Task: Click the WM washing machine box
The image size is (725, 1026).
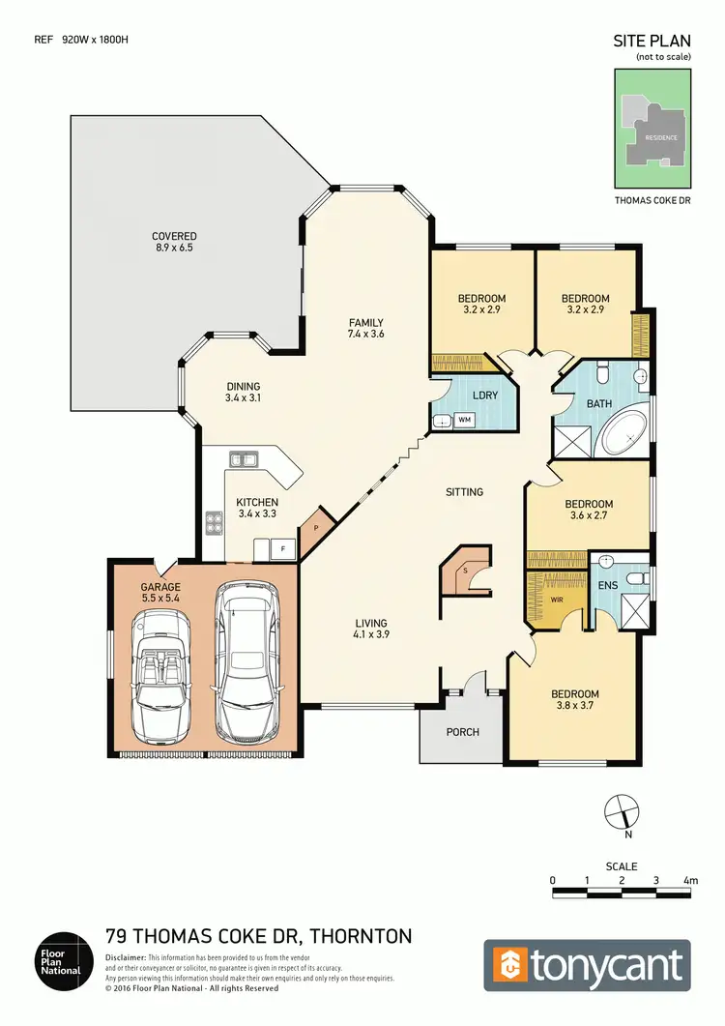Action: pyautogui.click(x=464, y=420)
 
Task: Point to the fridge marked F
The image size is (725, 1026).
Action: pyautogui.click(x=282, y=549)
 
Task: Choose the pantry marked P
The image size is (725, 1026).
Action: pyautogui.click(x=315, y=528)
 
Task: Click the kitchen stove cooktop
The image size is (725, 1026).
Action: pyautogui.click(x=214, y=523)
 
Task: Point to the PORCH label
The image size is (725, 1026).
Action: pyautogui.click(x=462, y=732)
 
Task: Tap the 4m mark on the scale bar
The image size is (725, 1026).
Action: pyautogui.click(x=690, y=880)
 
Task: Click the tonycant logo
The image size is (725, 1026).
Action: pyautogui.click(x=587, y=965)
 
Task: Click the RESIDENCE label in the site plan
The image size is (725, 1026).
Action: pyautogui.click(x=654, y=137)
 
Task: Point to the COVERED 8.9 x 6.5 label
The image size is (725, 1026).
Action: pyautogui.click(x=174, y=242)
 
